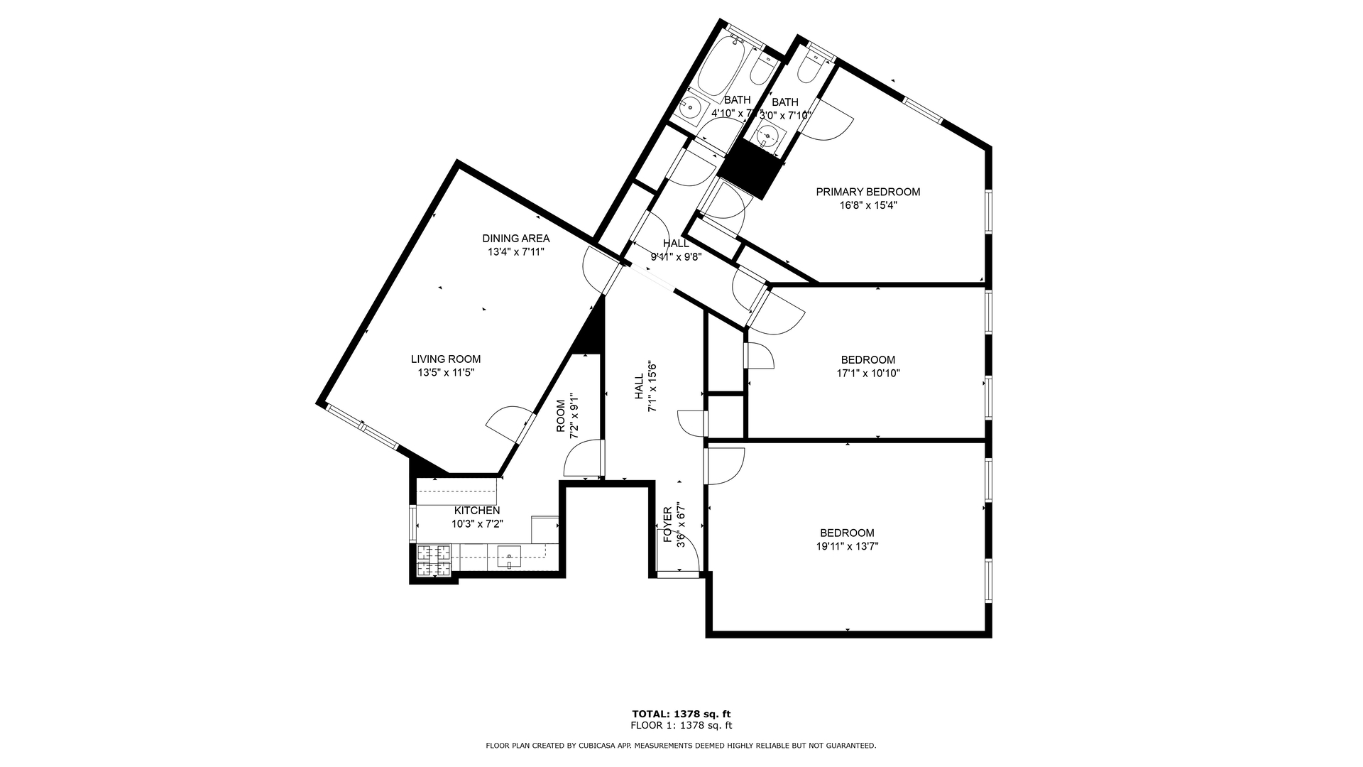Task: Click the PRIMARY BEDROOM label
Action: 867,192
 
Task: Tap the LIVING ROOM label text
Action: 446,359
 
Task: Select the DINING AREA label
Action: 515,239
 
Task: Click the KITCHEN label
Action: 477,511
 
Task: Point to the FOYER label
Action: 668,525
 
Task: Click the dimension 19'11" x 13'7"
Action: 847,546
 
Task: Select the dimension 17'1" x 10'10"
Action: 868,373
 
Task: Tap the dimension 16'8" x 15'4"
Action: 867,205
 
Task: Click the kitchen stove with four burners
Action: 433,560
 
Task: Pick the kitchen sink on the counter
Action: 509,555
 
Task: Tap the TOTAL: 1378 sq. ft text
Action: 681,714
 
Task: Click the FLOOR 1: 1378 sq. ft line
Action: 681,726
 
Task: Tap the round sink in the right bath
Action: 770,134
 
